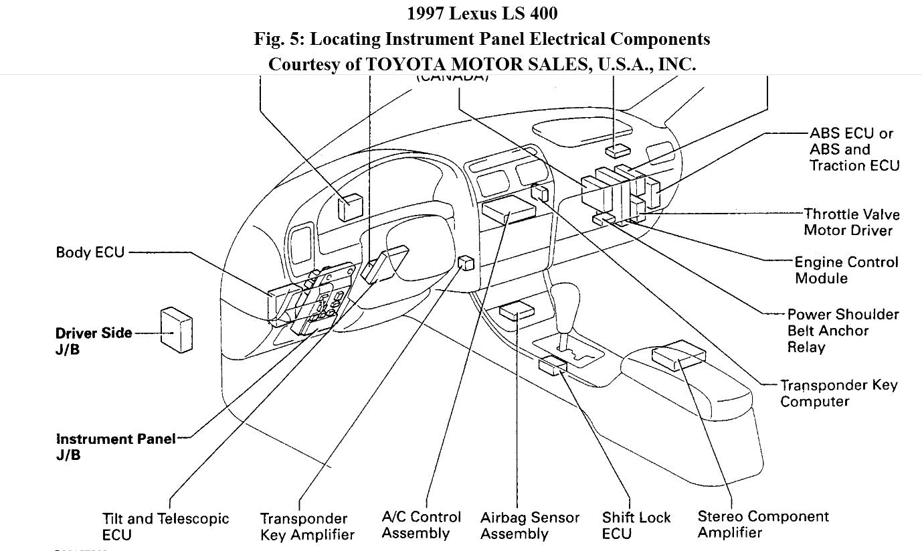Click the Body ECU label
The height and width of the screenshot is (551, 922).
tap(90, 252)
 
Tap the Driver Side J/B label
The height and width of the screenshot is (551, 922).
tap(94, 341)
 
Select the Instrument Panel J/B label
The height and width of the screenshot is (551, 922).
tap(116, 447)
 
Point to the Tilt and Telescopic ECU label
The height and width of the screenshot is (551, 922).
tap(165, 527)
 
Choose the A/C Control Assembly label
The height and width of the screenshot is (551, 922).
tap(421, 525)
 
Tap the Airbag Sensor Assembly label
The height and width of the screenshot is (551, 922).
tap(529, 526)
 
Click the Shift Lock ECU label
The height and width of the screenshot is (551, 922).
tap(636, 526)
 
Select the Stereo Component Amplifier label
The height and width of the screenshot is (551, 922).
tap(763, 524)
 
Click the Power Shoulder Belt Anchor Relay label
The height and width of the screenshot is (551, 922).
tap(842, 331)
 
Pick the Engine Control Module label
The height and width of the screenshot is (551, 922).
tap(846, 270)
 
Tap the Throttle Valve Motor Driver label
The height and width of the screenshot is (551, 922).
tap(851, 222)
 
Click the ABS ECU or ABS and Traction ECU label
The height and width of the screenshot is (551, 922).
tap(854, 149)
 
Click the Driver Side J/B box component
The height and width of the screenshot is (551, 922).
tap(177, 329)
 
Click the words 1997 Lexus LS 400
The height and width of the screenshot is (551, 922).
tap(482, 13)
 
